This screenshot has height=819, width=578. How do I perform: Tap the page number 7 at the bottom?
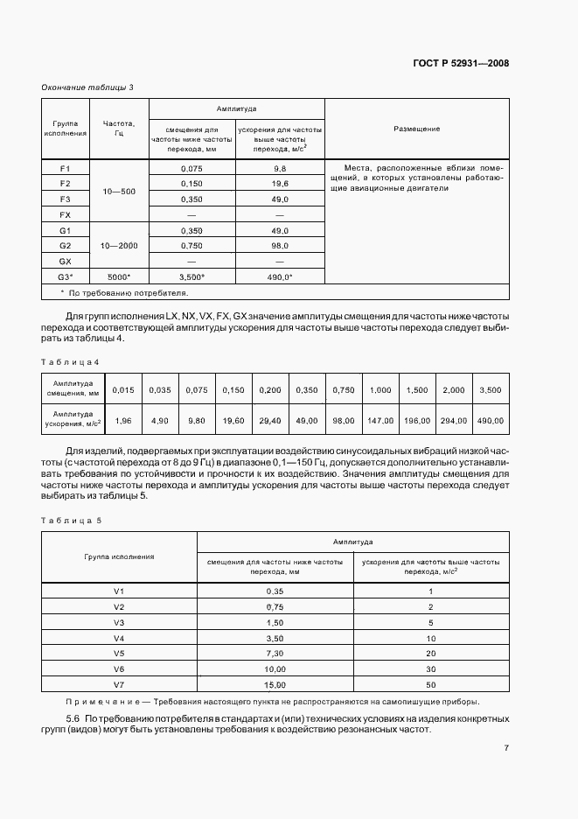pyautogui.click(x=506, y=748)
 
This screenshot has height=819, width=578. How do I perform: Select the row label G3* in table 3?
pyautogui.click(x=65, y=277)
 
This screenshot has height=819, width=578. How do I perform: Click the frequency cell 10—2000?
pyautogui.click(x=119, y=246)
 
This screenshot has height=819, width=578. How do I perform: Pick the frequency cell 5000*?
pyautogui.click(x=119, y=277)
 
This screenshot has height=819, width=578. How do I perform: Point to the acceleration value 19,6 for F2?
pyautogui.click(x=280, y=183)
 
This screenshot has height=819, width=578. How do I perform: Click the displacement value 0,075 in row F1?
pyautogui.click(x=192, y=167)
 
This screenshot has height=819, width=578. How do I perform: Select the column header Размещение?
pyautogui.click(x=416, y=129)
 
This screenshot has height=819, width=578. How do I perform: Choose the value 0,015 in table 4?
pyautogui.click(x=124, y=389)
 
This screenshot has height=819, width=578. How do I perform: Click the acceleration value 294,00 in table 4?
pyautogui.click(x=453, y=421)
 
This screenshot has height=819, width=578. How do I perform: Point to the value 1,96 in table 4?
pyautogui.click(x=124, y=421)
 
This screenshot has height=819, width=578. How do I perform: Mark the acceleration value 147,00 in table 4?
pyautogui.click(x=380, y=421)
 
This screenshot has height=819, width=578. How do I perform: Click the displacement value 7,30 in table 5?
pyautogui.click(x=275, y=653)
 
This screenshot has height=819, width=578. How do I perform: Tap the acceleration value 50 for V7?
pyautogui.click(x=431, y=684)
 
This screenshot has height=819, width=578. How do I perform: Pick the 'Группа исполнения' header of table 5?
pyautogui.click(x=119, y=556)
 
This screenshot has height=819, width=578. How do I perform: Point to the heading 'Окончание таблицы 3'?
pyautogui.click(x=87, y=87)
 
